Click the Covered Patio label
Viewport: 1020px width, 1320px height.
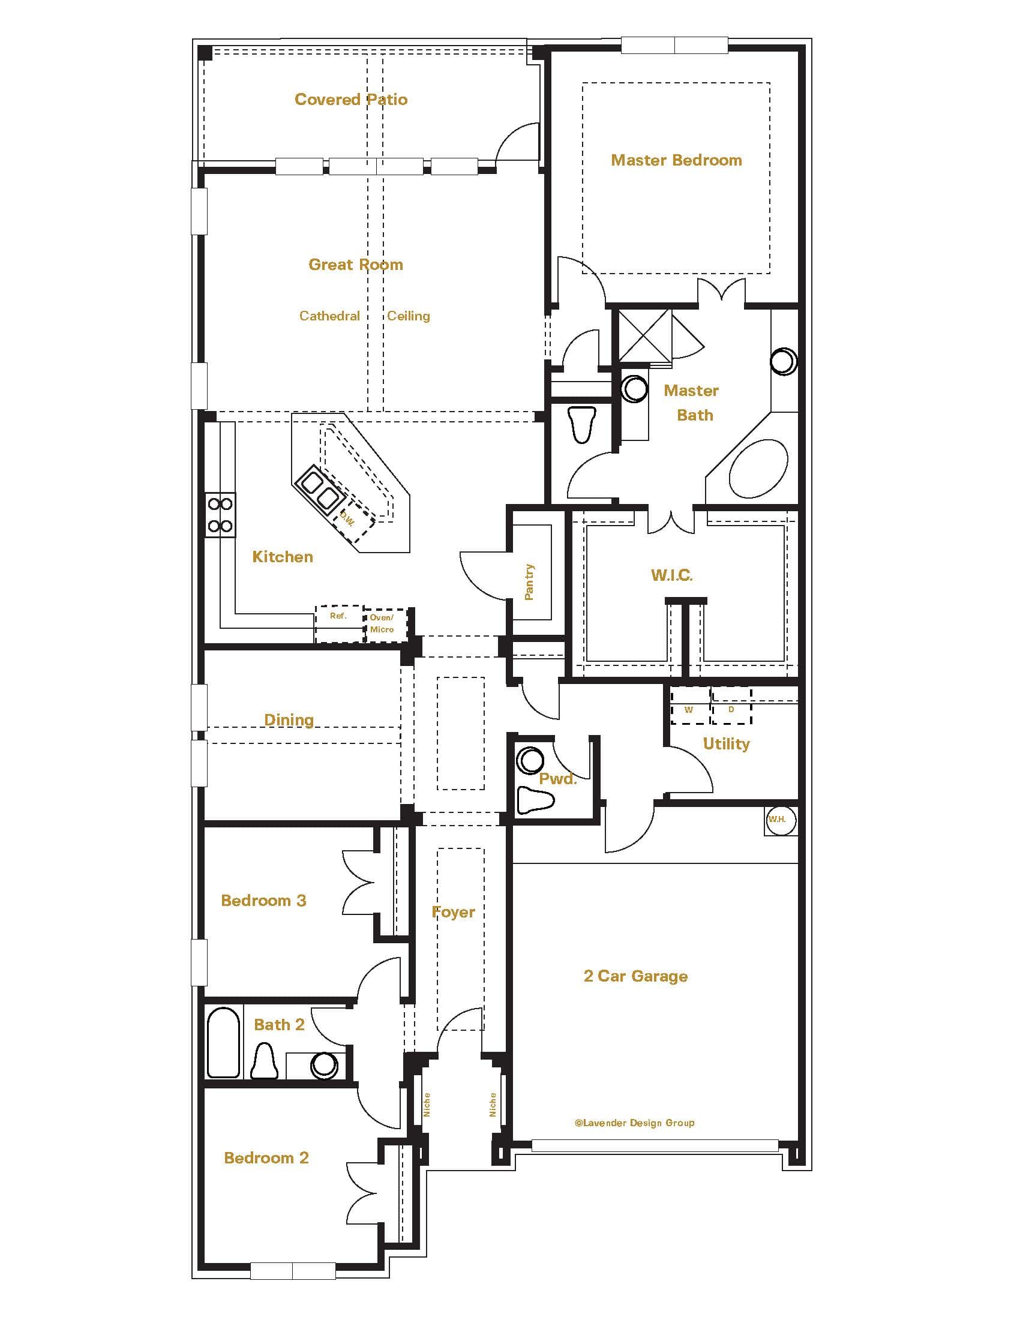(x=350, y=99)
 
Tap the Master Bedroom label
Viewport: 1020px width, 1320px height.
(x=676, y=160)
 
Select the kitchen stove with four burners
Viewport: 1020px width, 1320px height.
(x=220, y=515)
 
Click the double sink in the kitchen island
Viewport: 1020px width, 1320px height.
(x=319, y=489)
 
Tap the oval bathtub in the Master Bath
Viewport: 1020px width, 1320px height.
(x=758, y=469)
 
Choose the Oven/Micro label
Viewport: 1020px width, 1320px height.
(x=382, y=623)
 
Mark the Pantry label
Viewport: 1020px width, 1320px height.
(x=529, y=581)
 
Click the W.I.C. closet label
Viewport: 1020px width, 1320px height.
(x=671, y=575)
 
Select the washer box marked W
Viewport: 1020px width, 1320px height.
(x=689, y=706)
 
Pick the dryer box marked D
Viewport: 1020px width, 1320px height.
(x=731, y=706)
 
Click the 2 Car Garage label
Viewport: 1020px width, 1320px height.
(x=635, y=976)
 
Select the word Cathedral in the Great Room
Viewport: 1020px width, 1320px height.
(x=329, y=316)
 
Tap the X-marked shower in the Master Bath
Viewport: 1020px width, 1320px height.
(x=645, y=335)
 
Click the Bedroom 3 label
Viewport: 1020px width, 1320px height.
(x=263, y=901)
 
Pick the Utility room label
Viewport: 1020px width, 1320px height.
(x=726, y=743)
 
